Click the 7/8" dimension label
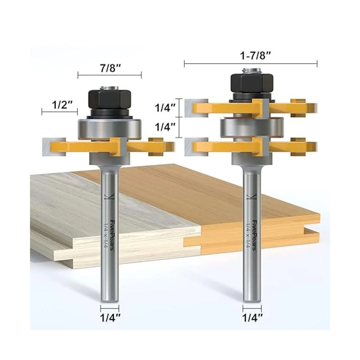click(x=110, y=69)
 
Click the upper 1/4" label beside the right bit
click(x=165, y=108)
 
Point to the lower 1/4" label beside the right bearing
click(x=165, y=127)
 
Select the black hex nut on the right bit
click(x=252, y=82)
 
